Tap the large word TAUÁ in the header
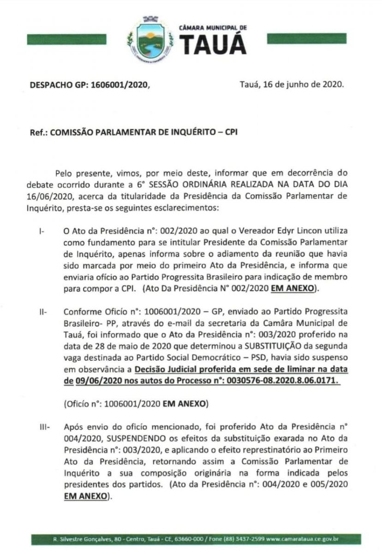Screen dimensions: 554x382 213,45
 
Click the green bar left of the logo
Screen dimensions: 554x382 66,39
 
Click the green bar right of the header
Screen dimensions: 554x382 306,38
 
